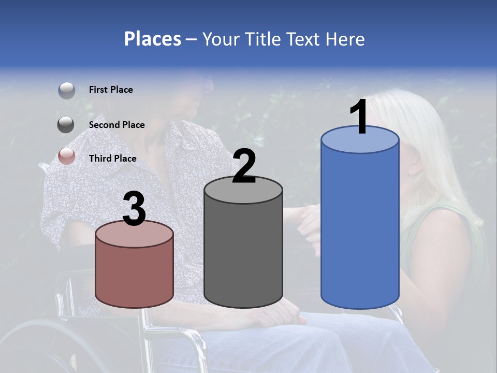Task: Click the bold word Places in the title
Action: point(153,39)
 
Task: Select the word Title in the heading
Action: point(262,39)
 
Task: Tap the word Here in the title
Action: point(346,39)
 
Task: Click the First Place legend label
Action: point(111,90)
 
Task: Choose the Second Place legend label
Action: point(116,125)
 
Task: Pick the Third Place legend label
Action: point(112,159)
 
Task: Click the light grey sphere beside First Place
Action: point(67,91)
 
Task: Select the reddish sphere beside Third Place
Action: point(67,156)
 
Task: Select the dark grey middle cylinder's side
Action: point(243,254)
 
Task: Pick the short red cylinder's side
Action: point(135,275)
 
